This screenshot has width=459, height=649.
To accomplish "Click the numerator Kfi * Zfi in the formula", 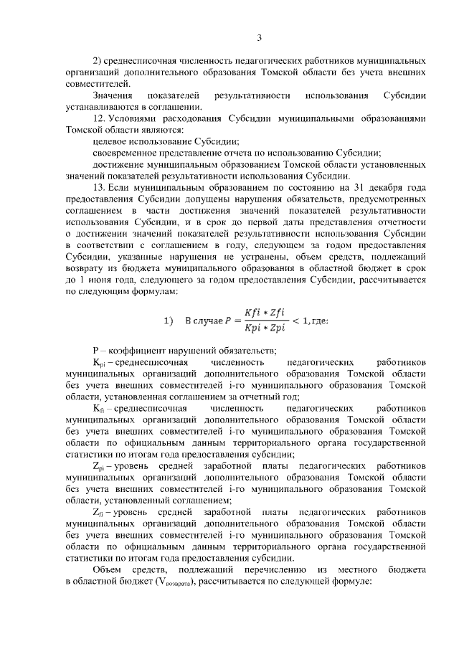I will tap(260, 313).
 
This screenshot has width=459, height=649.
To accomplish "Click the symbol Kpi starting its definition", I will tap(99, 363).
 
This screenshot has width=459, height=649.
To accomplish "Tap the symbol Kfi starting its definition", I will tap(98, 409).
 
